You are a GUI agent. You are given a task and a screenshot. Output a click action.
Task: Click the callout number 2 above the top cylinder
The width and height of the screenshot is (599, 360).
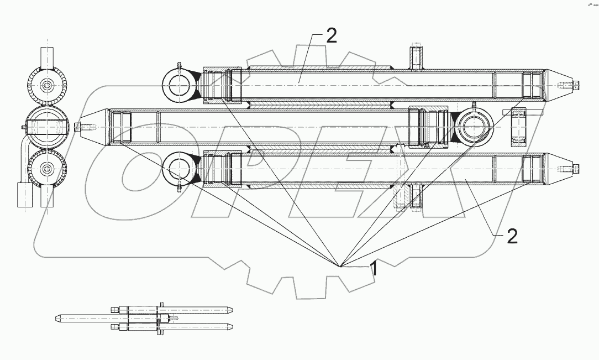330,36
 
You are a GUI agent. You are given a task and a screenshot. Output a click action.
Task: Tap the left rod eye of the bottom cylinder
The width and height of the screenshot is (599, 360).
178,166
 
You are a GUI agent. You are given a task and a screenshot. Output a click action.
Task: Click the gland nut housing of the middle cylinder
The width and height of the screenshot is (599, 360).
428,127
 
